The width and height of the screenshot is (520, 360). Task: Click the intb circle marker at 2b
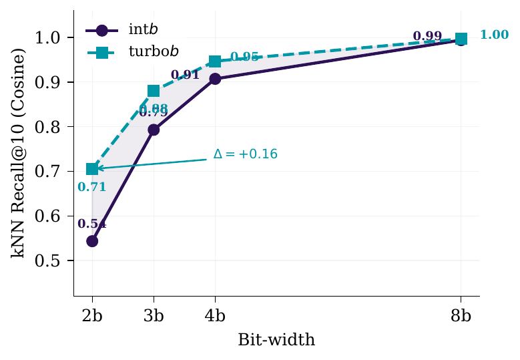pyautogui.click(x=92, y=240)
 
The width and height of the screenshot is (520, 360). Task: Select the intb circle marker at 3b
pyautogui.click(x=154, y=130)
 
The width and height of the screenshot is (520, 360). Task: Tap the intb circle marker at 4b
pyautogui.click(x=215, y=79)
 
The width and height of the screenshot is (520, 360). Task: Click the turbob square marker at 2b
pyautogui.click(x=92, y=169)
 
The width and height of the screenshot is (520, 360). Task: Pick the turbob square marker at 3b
pyautogui.click(x=154, y=91)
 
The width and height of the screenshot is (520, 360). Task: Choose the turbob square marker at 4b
pyautogui.click(x=215, y=61)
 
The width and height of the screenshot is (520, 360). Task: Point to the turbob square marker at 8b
pyautogui.click(x=461, y=39)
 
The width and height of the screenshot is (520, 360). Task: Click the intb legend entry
pyautogui.click(x=124, y=30)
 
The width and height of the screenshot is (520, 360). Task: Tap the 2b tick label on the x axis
pyautogui.click(x=92, y=316)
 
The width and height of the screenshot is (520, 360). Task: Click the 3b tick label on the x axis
pyautogui.click(x=154, y=316)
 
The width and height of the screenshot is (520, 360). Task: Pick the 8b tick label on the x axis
pyautogui.click(x=461, y=316)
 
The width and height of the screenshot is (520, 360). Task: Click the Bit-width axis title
pyautogui.click(x=276, y=340)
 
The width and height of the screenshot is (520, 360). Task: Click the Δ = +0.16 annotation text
pyautogui.click(x=245, y=154)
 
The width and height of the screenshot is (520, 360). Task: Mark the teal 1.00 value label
pyautogui.click(x=495, y=35)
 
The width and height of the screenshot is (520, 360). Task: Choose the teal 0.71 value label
pyautogui.click(x=92, y=187)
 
